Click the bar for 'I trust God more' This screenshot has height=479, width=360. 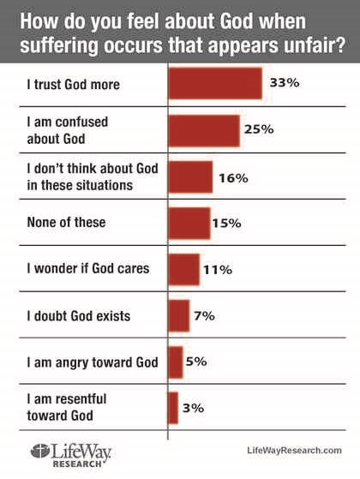[215, 84]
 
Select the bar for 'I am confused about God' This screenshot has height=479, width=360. [204, 131]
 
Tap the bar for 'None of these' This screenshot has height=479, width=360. [189, 223]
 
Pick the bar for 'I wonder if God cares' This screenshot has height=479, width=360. [184, 269]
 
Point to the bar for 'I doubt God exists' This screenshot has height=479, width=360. [179, 316]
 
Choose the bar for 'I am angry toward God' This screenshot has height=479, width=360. [176, 362]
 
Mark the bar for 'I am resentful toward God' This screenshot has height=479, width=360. [173, 408]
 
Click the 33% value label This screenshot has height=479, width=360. [285, 83]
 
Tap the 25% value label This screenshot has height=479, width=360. [259, 129]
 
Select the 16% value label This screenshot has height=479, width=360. [233, 178]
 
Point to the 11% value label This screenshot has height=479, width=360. [218, 270]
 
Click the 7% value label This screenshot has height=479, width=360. [204, 315]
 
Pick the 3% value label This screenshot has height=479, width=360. [193, 408]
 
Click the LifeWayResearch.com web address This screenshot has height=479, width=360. [294, 450]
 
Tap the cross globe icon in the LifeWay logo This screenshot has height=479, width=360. [40, 452]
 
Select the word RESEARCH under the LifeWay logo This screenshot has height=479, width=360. [77, 464]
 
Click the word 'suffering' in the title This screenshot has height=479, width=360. [59, 45]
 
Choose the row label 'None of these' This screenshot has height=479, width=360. [66, 222]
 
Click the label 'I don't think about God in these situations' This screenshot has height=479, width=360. [93, 177]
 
